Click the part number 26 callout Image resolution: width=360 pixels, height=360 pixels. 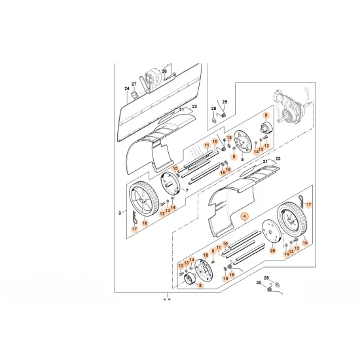[x=164, y=71]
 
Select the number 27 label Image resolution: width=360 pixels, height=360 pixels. [x=134, y=84]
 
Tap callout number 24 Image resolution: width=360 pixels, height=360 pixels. [x=127, y=89]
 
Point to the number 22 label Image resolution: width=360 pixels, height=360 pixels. [x=194, y=106]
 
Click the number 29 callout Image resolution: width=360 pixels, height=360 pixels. [x=224, y=103]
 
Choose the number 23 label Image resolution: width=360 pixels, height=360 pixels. [x=278, y=160]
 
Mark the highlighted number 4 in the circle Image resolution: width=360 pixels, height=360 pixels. [x=245, y=216]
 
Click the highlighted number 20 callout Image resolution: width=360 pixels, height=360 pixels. [x=272, y=249]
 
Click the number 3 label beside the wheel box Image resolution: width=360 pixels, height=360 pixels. [x=120, y=213]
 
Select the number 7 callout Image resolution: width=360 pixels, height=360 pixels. [x=187, y=190]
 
